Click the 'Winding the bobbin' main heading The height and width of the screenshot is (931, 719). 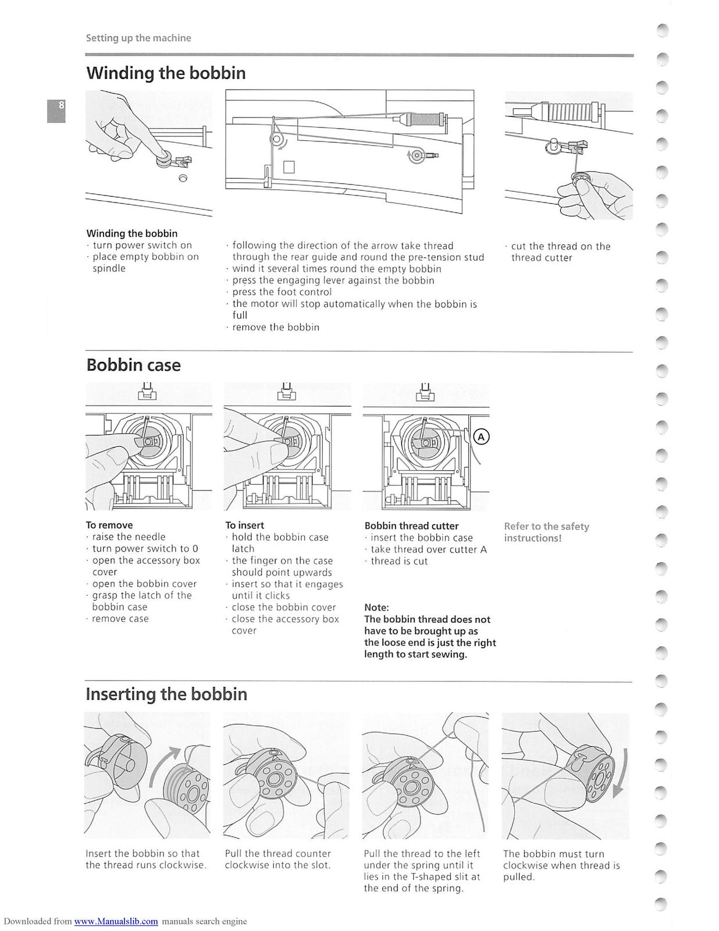(x=166, y=73)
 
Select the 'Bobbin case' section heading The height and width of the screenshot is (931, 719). (x=133, y=365)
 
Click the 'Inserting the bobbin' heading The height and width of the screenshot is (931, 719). (x=166, y=694)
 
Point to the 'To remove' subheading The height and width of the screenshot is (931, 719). (x=109, y=525)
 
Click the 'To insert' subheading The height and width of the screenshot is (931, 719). (x=244, y=525)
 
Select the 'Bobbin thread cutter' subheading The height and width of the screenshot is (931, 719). (x=411, y=525)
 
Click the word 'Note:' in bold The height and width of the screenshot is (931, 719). (x=376, y=607)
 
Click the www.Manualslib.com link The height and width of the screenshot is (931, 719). (x=116, y=921)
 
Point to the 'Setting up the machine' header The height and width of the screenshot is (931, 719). (x=138, y=38)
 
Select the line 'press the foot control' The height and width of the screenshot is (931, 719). (x=282, y=292)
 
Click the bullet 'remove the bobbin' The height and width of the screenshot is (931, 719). (x=275, y=327)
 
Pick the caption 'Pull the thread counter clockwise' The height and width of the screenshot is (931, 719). (x=277, y=859)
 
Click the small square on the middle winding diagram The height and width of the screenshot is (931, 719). (x=289, y=167)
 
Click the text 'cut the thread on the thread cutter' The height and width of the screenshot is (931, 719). (x=560, y=252)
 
